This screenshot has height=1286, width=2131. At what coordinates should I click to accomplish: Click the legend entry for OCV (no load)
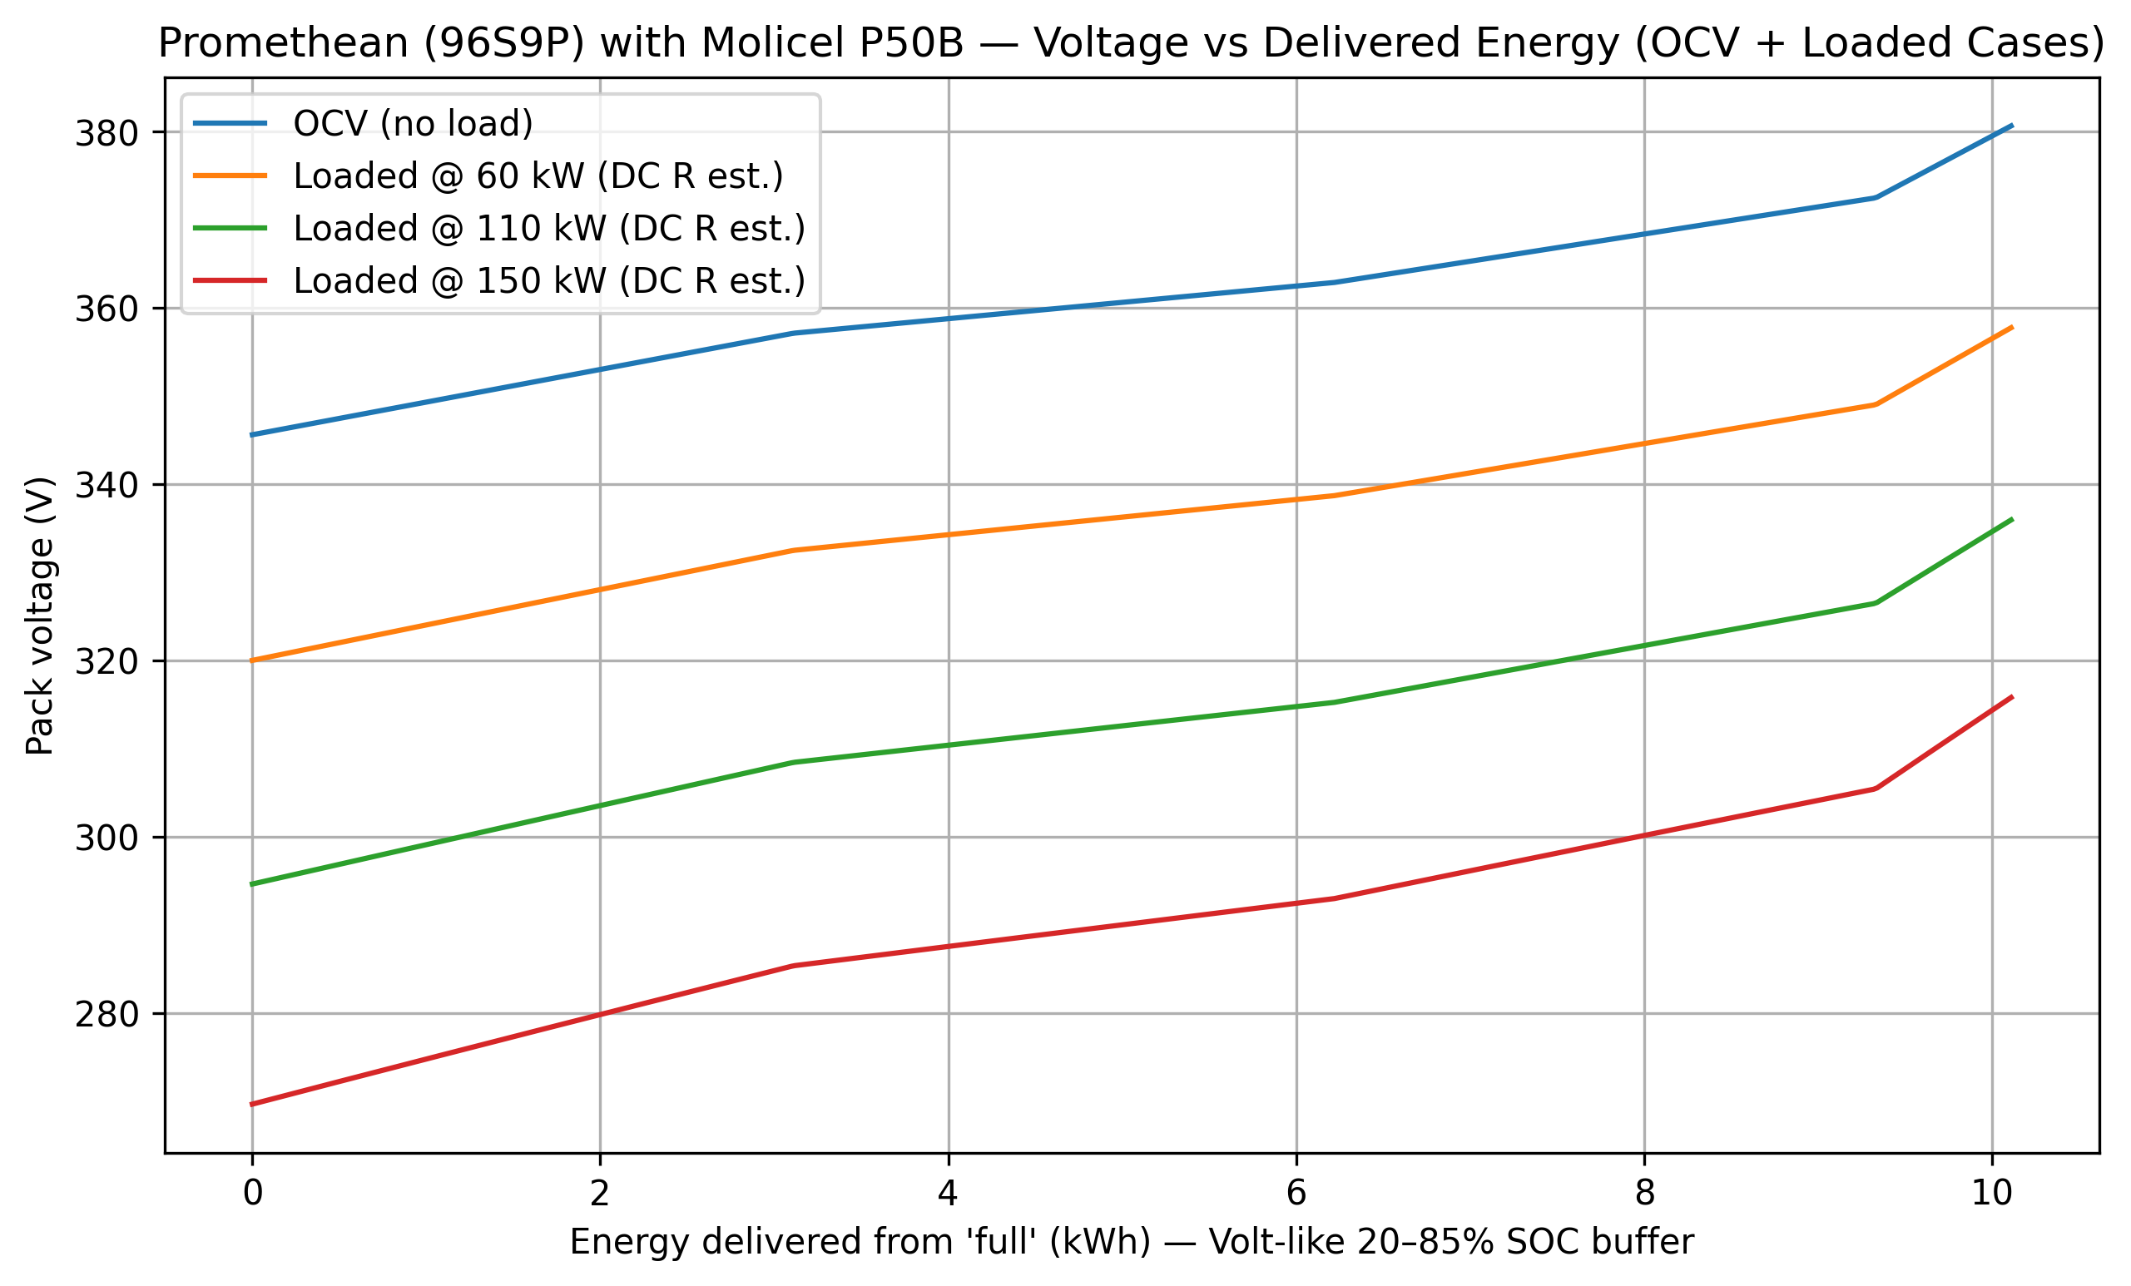[x=413, y=124]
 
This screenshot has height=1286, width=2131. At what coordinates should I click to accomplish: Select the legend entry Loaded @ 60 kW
[x=537, y=176]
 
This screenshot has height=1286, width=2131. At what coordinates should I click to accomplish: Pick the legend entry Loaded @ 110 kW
[x=548, y=228]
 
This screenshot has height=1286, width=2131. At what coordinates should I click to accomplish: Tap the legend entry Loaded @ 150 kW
[x=548, y=281]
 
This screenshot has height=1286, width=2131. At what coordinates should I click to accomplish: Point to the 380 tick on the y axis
[x=107, y=134]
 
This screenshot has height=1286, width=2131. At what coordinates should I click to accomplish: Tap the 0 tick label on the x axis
[x=252, y=1194]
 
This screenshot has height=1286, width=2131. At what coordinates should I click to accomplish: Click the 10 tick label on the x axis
[x=1992, y=1194]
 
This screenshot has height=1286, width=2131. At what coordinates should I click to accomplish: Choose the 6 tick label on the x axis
[x=1296, y=1194]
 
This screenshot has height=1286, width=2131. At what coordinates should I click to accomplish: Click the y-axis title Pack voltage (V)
[x=40, y=616]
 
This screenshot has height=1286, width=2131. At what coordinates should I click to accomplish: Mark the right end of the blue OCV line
[x=2013, y=126]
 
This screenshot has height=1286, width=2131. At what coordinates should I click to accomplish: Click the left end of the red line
[x=251, y=1105]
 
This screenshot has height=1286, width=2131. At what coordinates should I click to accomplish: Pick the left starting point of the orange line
[x=251, y=660]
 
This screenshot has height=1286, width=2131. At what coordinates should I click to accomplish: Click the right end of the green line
[x=2013, y=519]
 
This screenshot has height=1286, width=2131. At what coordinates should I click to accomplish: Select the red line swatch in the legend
[x=230, y=280]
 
